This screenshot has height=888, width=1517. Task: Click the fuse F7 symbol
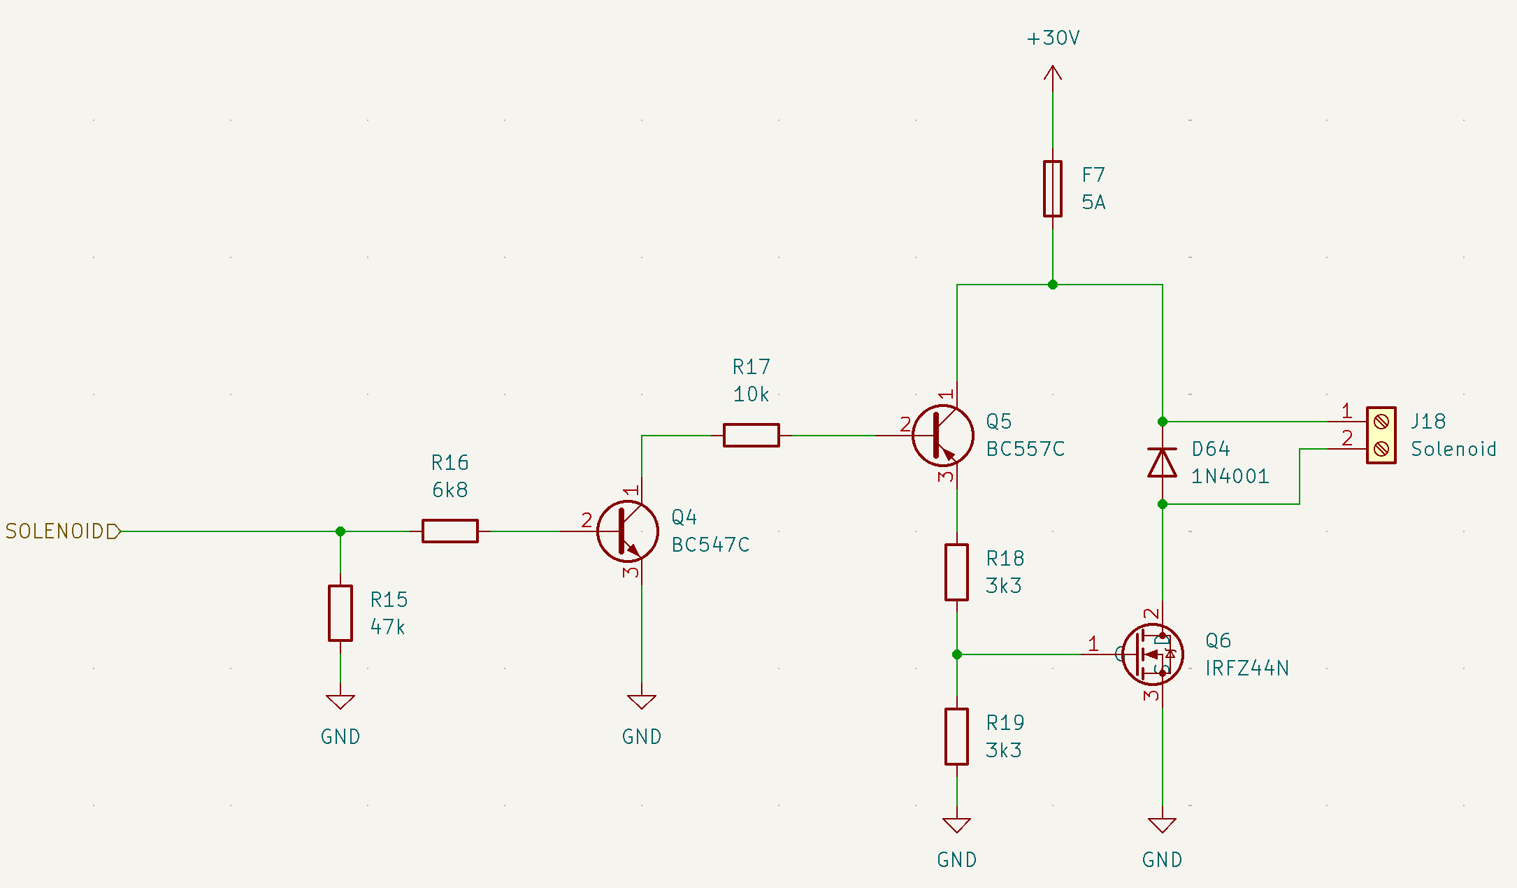pos(1052,189)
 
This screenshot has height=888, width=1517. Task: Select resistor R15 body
pos(340,613)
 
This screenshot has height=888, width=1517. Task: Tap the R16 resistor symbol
pos(450,531)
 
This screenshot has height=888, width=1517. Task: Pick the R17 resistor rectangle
pos(752,435)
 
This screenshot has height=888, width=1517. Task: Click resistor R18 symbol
pos(956,572)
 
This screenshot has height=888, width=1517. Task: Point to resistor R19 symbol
pos(956,736)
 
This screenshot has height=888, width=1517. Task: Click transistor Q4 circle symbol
pos(628,531)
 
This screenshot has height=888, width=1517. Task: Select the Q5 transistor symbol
pos(943,436)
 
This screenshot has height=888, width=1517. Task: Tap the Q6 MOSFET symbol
pos(1153,654)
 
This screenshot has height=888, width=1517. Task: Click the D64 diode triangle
pos(1162,463)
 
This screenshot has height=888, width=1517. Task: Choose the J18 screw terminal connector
pos(1381,435)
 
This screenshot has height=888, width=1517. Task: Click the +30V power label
pos(1053,38)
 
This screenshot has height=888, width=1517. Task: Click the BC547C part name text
pos(710,545)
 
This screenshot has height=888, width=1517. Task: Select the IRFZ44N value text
pos(1246,668)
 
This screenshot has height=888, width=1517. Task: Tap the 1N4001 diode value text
pos(1230,476)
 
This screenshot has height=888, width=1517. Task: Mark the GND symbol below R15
pos(340,702)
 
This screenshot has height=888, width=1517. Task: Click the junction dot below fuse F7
pos(1053,285)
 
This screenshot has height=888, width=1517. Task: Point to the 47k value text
pos(387,627)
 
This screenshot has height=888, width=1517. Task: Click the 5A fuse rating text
pos(1093,203)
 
